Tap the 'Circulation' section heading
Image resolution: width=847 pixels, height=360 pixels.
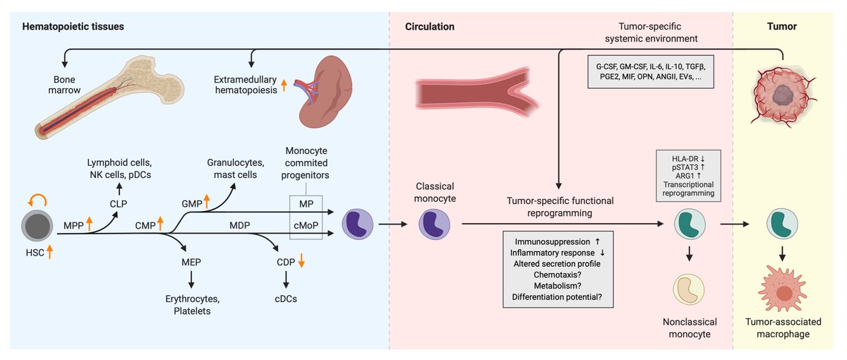tap(429, 27)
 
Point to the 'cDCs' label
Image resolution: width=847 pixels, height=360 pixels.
tap(287, 299)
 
